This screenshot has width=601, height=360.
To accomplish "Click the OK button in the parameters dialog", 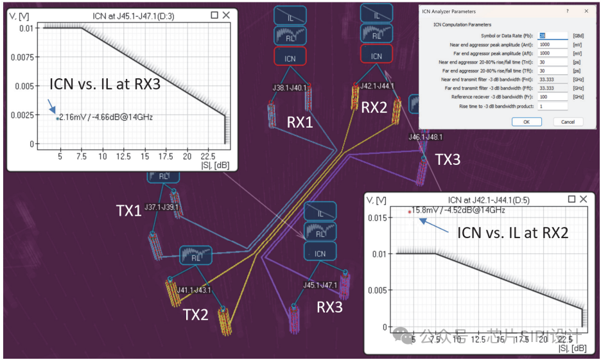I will coord(526,122).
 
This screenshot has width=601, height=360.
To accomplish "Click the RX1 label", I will coord(300,121).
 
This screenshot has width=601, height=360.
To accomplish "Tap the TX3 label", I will coord(448,160).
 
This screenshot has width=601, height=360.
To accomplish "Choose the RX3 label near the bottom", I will coord(329,308).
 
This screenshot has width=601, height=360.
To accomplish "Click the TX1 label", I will coord(128,210).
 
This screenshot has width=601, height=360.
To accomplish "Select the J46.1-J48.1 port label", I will coord(424,137).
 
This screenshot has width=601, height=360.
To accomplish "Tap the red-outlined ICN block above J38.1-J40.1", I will coord(290,58).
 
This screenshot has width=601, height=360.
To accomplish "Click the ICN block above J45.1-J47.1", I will coord(320,253).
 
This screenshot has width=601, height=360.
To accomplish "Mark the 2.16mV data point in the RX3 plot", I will coord(58,118).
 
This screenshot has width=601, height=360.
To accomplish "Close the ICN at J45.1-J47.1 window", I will coord(226,15).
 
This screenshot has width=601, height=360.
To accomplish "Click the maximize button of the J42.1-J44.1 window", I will coord(573,200).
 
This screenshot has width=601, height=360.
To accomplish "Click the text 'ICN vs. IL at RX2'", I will coord(512,233).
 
